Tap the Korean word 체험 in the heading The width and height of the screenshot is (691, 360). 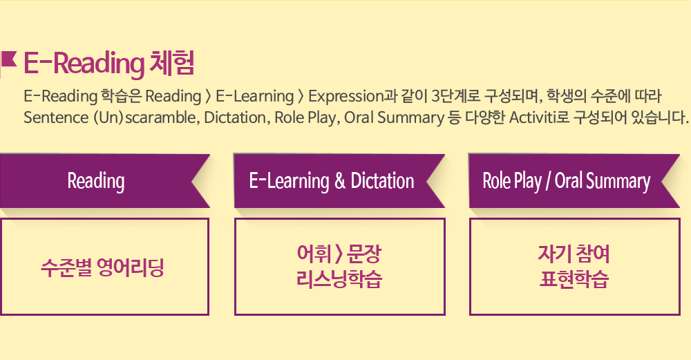(x=172, y=63)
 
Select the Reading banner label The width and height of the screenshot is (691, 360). (x=95, y=181)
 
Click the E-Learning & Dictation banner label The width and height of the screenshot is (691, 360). (x=332, y=181)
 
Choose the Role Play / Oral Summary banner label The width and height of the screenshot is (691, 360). (x=567, y=181)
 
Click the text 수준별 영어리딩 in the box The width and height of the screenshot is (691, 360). (x=103, y=267)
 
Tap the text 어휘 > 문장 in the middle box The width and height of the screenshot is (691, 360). (x=339, y=254)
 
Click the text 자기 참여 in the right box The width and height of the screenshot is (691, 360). (x=574, y=254)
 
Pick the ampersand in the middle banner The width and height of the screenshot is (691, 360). (x=340, y=181)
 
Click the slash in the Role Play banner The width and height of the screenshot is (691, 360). (x=548, y=182)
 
